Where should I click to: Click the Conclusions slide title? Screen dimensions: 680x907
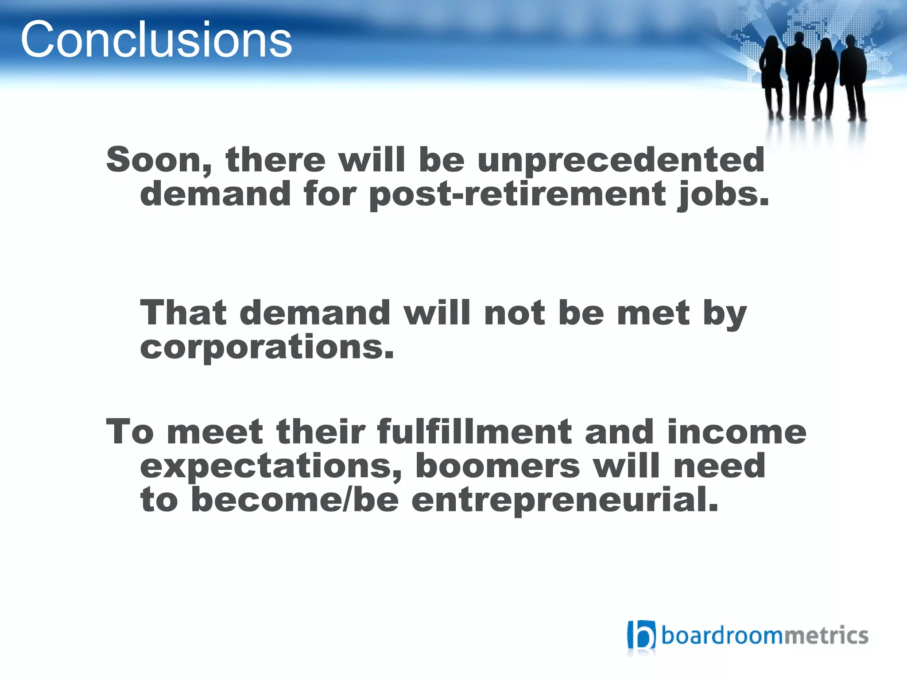click(156, 40)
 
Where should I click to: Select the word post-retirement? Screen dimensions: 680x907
click(517, 195)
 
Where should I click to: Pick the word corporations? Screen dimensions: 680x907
click(267, 347)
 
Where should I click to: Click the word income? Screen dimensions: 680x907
click(736, 432)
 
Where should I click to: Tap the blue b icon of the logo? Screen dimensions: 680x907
click(641, 635)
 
